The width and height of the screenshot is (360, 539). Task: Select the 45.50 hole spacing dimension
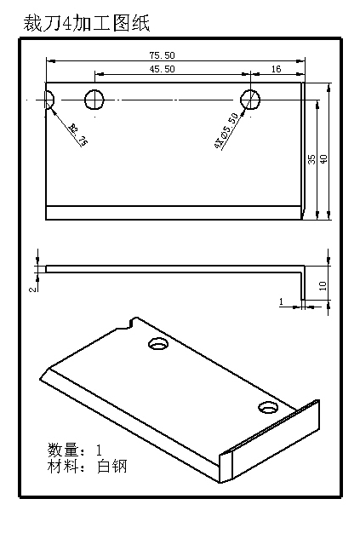point(162,69)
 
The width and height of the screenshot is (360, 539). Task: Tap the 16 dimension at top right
point(277,69)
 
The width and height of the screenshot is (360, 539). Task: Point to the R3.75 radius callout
point(77,135)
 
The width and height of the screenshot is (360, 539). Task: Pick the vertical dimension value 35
point(312,159)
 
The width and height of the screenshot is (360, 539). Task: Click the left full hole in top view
point(94,99)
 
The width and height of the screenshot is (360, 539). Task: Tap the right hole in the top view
point(250,99)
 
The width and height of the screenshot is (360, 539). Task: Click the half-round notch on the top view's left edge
point(49,99)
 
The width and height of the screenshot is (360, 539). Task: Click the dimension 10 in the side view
point(323,285)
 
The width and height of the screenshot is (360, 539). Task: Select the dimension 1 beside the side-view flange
point(281,301)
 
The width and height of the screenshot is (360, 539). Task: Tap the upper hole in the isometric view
point(157,345)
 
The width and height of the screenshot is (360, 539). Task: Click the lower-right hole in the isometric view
point(269,407)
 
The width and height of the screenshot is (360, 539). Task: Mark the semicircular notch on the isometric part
point(131,322)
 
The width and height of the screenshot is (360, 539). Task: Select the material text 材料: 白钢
point(87,466)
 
